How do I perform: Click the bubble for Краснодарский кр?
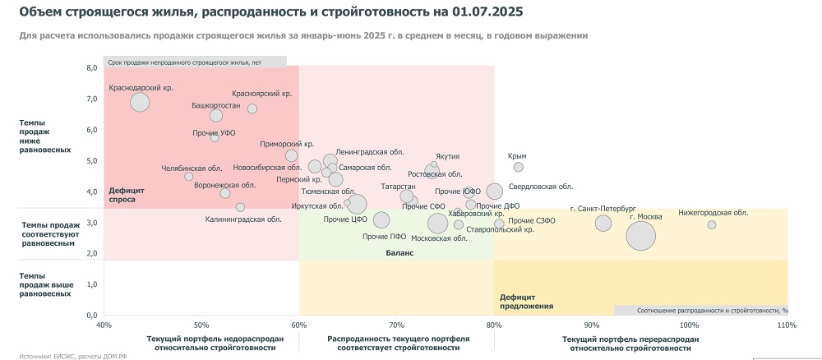coord(140,102)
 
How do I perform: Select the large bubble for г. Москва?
coord(641,236)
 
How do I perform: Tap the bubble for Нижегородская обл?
coord(712,224)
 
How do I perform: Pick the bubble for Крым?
coord(518,167)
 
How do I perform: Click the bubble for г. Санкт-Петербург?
coord(604,223)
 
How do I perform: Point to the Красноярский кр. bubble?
coord(252,108)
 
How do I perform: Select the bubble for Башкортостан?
coord(216,116)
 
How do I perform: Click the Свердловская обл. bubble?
coord(494,192)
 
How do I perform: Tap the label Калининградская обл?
coord(243,219)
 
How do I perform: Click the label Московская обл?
coord(439,238)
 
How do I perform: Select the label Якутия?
coord(448,156)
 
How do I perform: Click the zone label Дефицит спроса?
coord(122,195)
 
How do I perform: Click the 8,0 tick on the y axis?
coord(92,67)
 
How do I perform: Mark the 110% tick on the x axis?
coord(787,325)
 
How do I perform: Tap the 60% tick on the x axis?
coord(299,325)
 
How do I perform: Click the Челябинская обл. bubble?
coord(189,177)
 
